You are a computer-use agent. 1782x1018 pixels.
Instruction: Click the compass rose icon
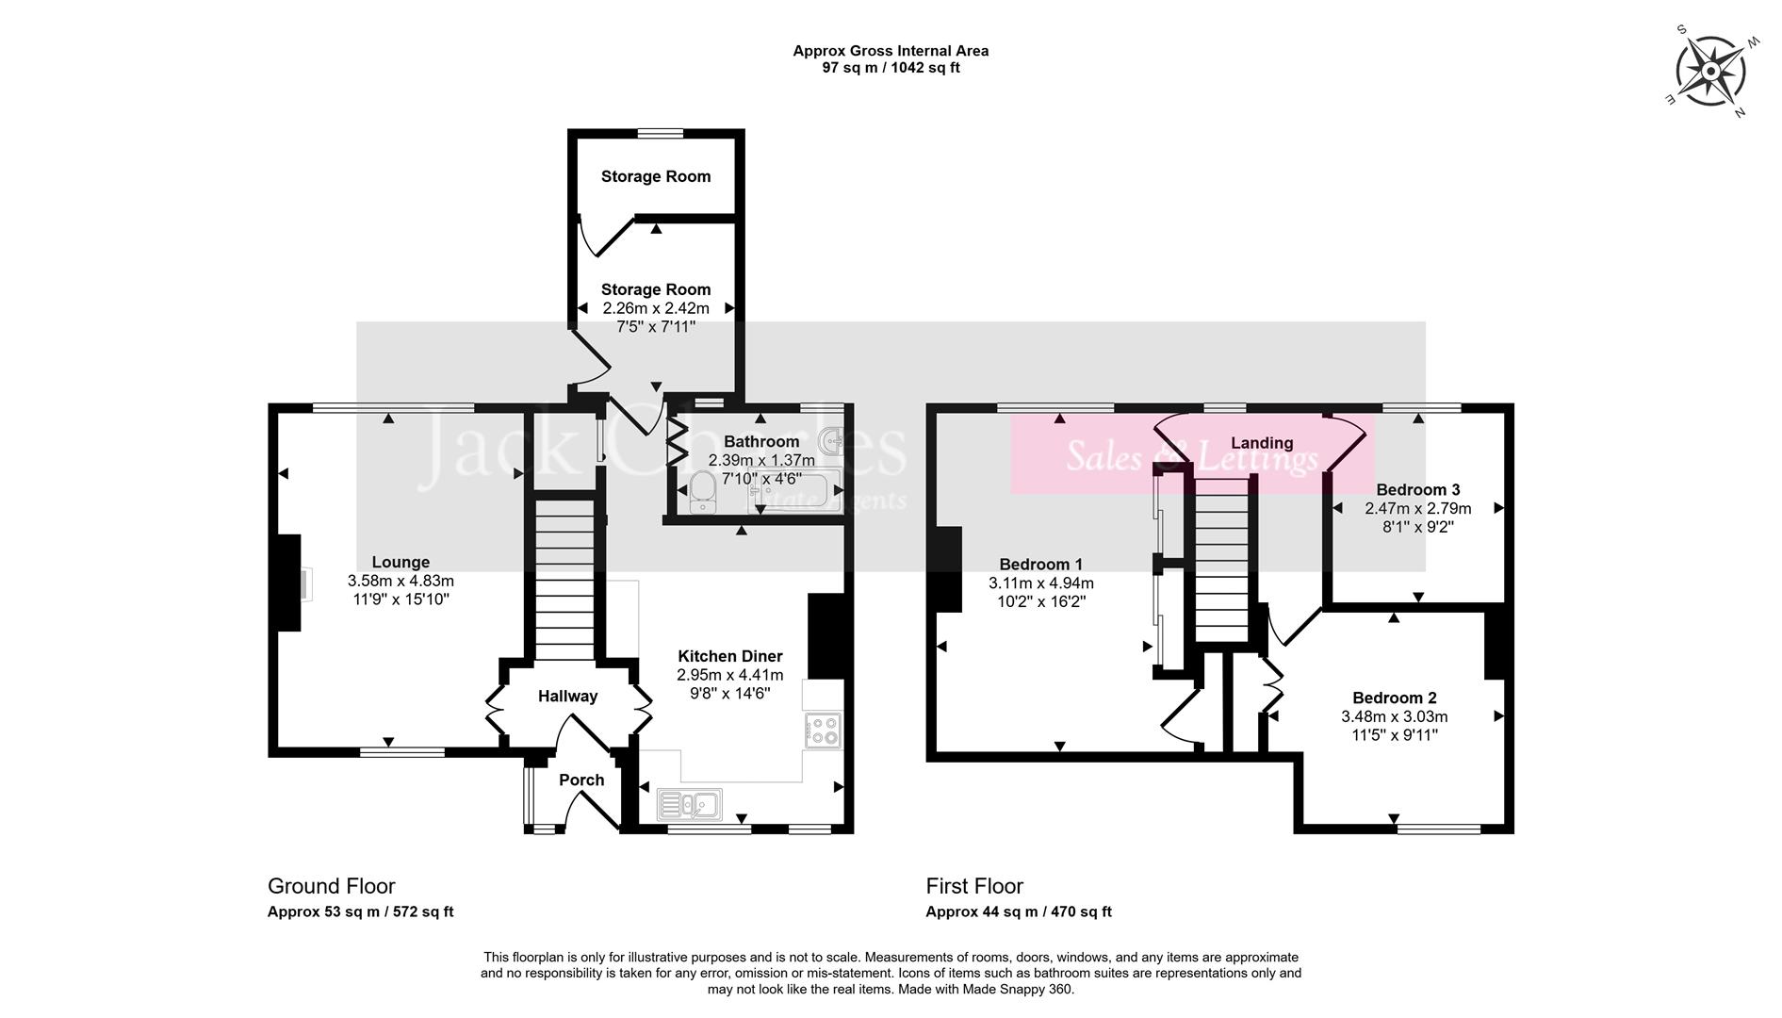coord(1709,72)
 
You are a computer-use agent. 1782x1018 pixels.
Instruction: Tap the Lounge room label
coord(401,563)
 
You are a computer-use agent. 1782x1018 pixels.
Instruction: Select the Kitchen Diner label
coord(729,656)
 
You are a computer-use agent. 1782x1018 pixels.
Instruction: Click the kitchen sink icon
coord(690,804)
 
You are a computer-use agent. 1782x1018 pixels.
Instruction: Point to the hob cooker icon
coord(823,731)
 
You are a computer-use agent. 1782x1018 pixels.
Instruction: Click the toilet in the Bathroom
coord(703,491)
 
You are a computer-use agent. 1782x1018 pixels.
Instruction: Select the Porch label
coord(581,780)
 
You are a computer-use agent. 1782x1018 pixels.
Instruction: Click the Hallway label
coord(567,697)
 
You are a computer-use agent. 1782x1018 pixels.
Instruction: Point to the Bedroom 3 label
coord(1417,490)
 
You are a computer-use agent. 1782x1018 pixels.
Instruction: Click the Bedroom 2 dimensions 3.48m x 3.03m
coord(1394,716)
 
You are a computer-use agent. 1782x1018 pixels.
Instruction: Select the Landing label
coord(1261,443)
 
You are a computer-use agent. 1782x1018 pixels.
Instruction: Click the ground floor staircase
coord(564,580)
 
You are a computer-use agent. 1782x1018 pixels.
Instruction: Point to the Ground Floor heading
coord(331,886)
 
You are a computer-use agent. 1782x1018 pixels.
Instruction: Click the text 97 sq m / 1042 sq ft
coord(891,68)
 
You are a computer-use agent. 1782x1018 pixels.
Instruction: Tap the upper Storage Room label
coord(656,176)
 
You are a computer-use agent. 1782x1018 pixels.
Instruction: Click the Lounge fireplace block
coord(286,583)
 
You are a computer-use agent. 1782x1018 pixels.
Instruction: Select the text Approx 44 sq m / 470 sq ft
coord(1018,911)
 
